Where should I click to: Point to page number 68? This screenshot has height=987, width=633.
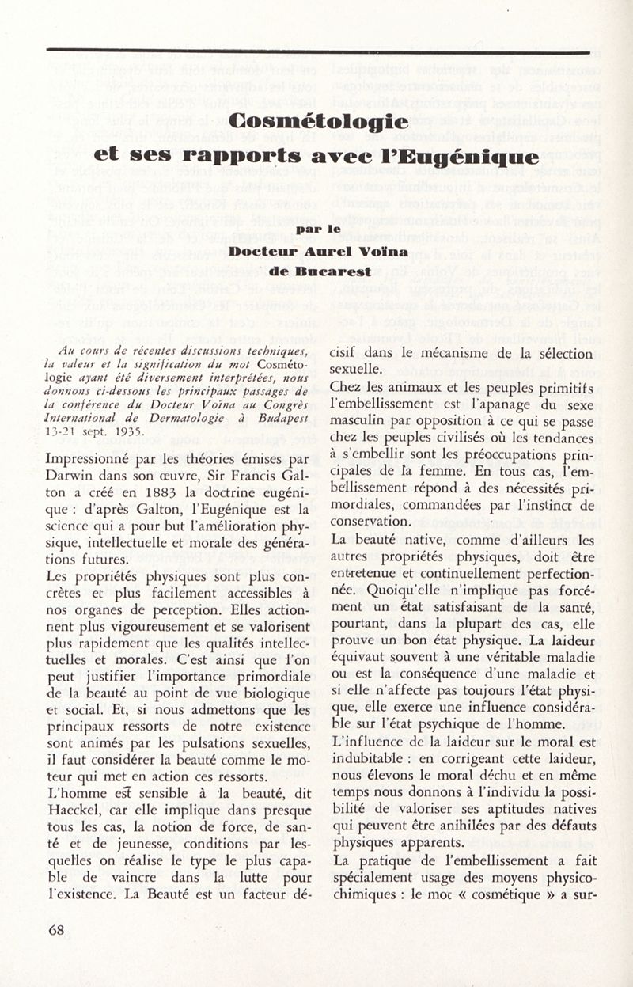coord(56,930)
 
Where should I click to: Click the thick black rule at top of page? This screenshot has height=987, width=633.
coord(316,51)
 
